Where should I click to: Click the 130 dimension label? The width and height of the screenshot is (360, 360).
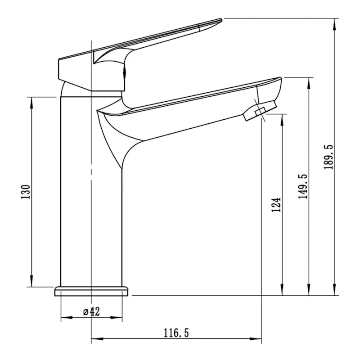point(26,192)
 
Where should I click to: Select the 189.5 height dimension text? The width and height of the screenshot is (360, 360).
point(328,157)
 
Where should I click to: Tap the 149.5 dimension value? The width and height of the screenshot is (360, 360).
point(302,186)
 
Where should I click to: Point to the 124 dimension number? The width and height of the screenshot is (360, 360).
point(276,205)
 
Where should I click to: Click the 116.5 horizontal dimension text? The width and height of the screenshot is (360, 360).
point(176,333)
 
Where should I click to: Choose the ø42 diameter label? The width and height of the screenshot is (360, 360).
point(92,312)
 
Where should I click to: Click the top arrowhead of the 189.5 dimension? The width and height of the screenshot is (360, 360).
point(336,24)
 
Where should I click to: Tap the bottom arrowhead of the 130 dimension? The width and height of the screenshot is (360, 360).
point(31,281)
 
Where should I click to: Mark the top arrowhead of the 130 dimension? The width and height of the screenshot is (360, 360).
point(31,103)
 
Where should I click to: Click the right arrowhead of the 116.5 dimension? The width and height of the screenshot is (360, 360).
point(256,339)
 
